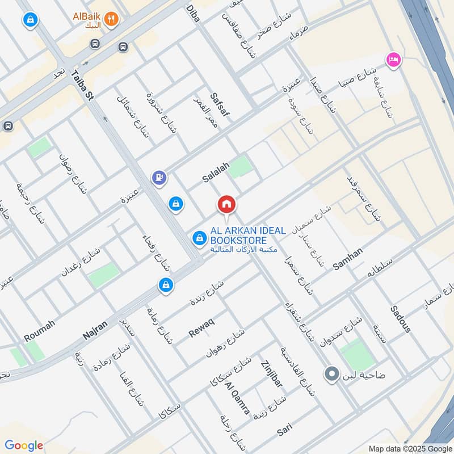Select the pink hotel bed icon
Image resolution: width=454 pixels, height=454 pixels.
(393, 58)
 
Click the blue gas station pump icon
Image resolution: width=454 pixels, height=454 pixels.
(159, 178)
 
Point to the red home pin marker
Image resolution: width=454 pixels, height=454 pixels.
(226, 204)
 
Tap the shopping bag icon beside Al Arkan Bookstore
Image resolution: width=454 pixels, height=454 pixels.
(199, 238)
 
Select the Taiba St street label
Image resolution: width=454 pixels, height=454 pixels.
(82, 86)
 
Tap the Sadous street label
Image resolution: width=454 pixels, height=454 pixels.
(400, 319)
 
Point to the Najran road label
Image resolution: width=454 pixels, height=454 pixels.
(95, 329)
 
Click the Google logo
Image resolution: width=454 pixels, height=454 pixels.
(24, 445)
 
